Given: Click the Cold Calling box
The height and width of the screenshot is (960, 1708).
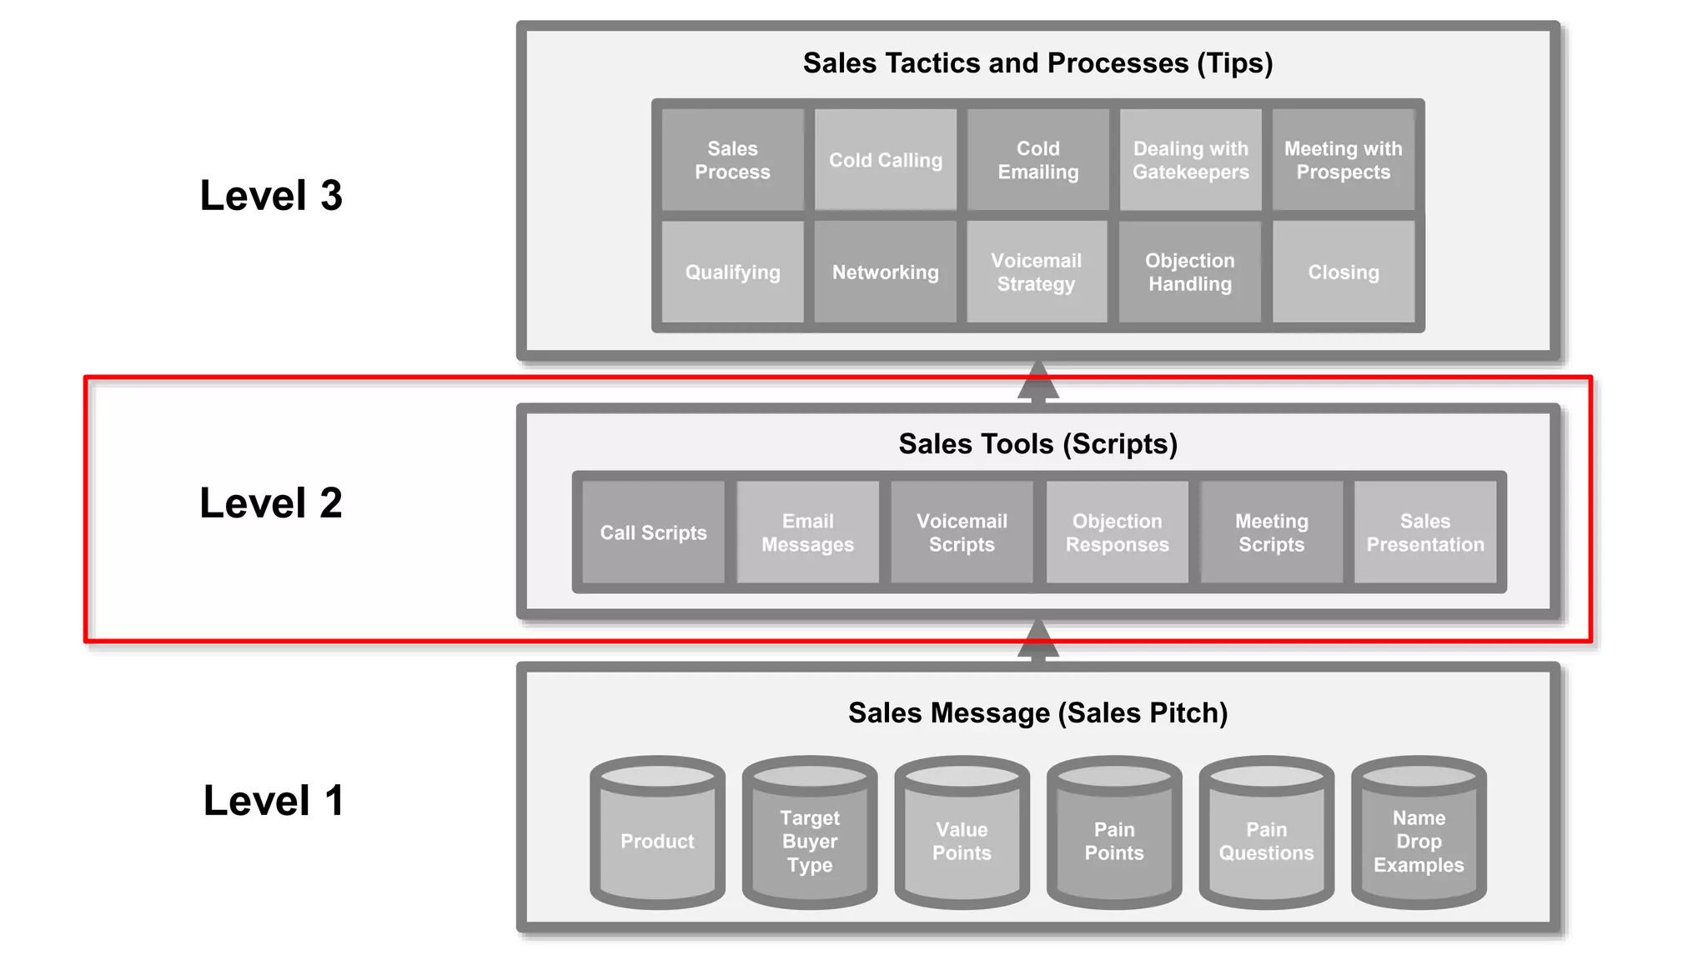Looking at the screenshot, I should (885, 160).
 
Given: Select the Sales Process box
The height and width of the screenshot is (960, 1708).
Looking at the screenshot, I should (732, 160).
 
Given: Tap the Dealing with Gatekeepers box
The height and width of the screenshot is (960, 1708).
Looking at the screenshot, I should (1190, 160).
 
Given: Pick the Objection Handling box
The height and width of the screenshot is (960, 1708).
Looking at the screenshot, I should (1189, 272).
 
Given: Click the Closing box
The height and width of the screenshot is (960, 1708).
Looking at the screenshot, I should (1343, 272).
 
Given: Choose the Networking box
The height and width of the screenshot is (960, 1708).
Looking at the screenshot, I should (885, 272).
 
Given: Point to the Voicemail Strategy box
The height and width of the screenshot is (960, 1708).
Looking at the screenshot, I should (1036, 272).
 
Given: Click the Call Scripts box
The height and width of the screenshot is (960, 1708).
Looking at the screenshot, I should (653, 532).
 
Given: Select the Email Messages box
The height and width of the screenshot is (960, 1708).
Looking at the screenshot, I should (807, 532).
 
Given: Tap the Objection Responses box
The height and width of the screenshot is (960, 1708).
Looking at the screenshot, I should (1117, 532).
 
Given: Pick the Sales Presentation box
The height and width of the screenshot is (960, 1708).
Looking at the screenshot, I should (1424, 532).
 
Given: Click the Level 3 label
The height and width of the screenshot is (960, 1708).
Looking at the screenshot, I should (271, 196).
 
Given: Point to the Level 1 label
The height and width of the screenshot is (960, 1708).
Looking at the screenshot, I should (274, 801).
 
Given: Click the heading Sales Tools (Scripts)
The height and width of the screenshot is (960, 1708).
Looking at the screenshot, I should (1037, 444).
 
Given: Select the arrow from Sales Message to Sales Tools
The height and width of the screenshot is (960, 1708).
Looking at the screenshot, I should (1038, 640).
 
